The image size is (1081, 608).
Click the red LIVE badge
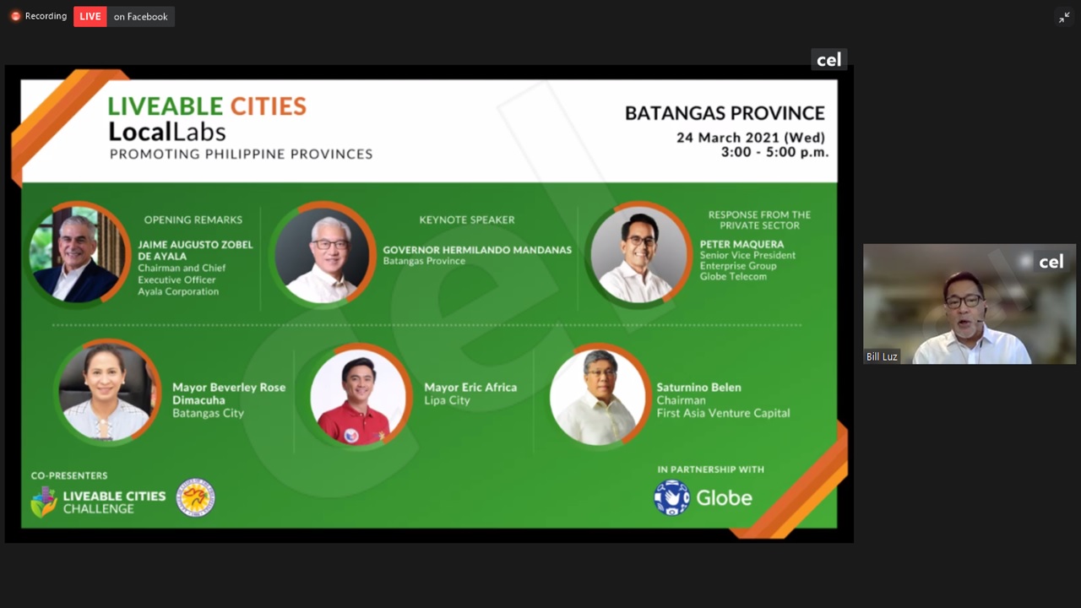point(90,16)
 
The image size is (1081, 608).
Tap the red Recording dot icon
point(15,16)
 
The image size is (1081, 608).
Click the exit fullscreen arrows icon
point(1064,18)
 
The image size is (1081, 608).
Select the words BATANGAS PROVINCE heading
point(725,113)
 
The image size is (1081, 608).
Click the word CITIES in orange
point(269,106)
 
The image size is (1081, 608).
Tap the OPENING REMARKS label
point(193,220)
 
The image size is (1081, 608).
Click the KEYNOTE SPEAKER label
point(467,220)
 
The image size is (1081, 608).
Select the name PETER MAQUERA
point(741,244)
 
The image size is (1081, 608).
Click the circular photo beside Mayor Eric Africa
point(358,396)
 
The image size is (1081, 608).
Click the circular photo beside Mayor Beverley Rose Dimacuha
point(107,391)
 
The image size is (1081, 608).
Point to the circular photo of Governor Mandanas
point(323,254)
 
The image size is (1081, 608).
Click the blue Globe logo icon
point(671,497)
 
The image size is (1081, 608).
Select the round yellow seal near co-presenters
point(195,497)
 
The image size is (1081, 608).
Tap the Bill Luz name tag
point(881,356)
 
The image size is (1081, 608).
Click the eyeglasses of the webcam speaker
point(964,301)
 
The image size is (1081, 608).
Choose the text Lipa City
point(447,400)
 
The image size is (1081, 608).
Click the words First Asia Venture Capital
point(723,413)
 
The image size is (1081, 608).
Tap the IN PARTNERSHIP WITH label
point(710,470)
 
